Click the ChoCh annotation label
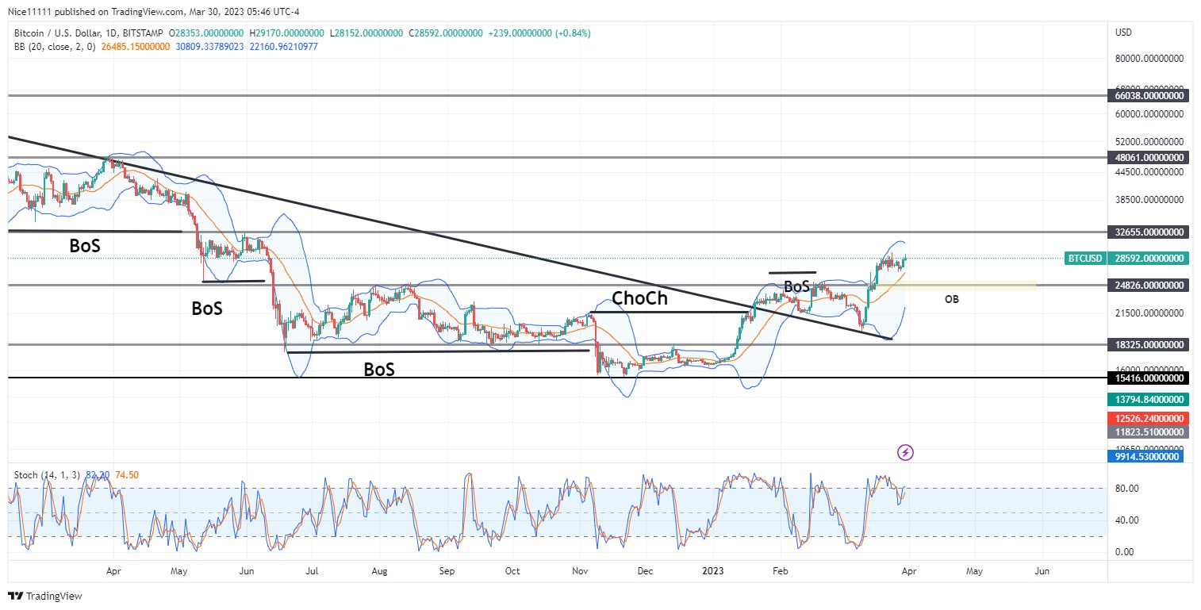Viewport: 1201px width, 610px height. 639,298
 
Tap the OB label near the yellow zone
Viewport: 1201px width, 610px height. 952,299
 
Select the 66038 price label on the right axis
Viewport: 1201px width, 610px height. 1148,95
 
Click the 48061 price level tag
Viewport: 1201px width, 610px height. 1148,158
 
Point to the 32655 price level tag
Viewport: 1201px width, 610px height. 1148,232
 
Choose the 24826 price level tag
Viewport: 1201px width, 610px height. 1148,285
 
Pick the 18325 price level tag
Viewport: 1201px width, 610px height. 1148,345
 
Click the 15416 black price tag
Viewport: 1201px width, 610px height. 1148,378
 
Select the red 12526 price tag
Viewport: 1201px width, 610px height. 1148,418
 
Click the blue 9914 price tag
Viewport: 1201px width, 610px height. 1148,456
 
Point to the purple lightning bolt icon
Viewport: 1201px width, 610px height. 906,452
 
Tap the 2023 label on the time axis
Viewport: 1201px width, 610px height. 712,570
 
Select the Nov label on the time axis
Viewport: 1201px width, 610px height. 580,570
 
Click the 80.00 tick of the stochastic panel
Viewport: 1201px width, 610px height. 1127,489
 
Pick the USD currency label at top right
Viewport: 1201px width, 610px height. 1123,33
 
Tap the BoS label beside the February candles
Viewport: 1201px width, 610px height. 796,286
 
